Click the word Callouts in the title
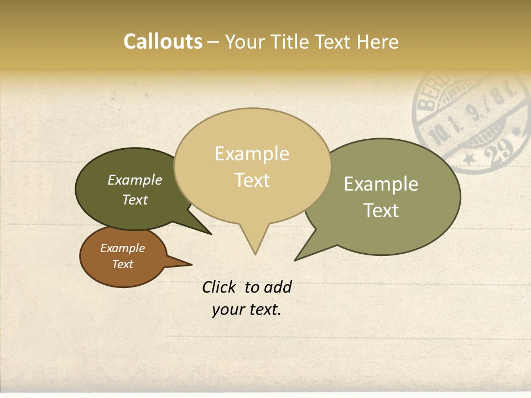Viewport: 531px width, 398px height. (163, 41)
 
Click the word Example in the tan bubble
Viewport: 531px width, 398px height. (252, 154)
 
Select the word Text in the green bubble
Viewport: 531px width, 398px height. (381, 211)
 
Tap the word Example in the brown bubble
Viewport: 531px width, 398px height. (123, 248)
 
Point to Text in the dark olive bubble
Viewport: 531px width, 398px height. (135, 200)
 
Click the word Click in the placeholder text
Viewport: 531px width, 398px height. (220, 287)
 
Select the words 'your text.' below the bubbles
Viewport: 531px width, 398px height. (247, 310)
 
